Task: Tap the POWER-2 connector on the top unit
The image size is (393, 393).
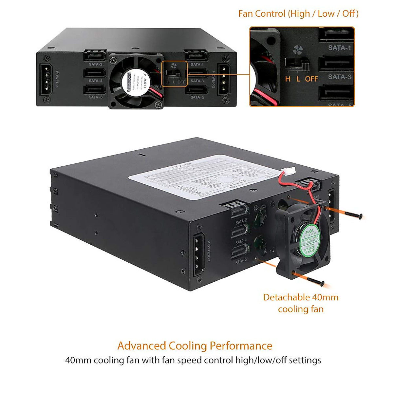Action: coord(224,80)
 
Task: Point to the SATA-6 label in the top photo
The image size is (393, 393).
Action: coord(96,97)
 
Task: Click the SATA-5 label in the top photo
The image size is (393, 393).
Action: coord(197,97)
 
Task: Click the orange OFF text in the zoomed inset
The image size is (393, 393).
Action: coord(311,79)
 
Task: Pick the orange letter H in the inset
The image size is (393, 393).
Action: coord(288,79)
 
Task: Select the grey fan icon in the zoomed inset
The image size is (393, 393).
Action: coord(298,50)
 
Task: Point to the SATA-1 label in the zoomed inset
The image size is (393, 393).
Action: coord(339,48)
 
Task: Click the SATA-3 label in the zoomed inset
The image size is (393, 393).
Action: coord(339,77)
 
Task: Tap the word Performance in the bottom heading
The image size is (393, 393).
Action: coord(241,346)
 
